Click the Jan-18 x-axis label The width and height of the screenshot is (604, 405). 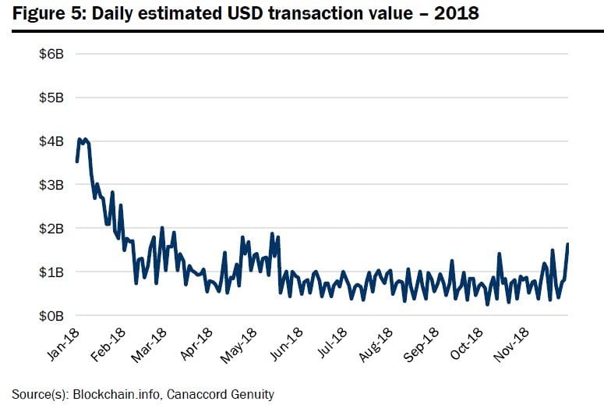click(63, 343)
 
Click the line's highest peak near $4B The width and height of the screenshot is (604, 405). click(79, 139)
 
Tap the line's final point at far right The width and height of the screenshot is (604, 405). click(568, 244)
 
